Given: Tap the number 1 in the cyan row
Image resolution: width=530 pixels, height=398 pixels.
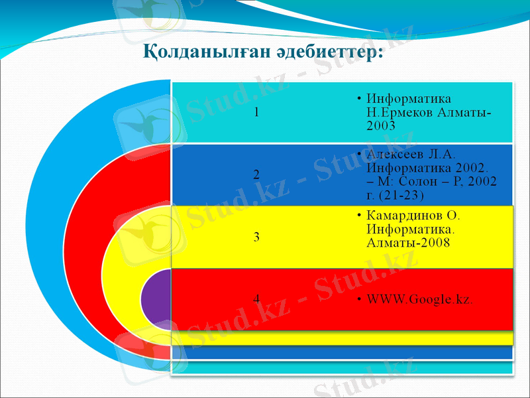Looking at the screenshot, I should [256, 111].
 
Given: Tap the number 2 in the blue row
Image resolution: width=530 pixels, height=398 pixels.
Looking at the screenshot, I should [256, 174].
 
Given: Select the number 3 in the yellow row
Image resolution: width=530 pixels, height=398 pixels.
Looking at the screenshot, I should [256, 236].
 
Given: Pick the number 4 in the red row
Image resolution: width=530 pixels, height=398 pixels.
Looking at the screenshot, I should [256, 298].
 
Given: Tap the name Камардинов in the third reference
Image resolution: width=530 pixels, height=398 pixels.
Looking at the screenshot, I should [405, 216].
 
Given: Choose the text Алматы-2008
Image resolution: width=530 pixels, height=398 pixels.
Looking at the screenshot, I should [408, 243].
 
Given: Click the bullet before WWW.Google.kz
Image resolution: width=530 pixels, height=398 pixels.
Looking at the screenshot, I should [358, 299].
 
